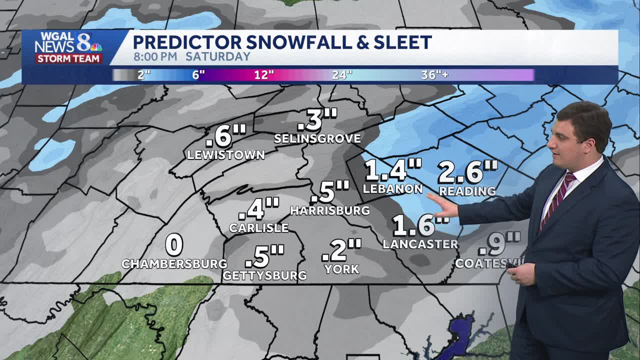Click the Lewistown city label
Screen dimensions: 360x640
click(225, 155)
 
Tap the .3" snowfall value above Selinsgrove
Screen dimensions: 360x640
click(316, 120)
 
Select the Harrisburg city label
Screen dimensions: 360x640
click(330, 210)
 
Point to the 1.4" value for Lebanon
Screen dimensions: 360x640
click(393, 170)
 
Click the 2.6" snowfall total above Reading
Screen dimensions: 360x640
click(467, 172)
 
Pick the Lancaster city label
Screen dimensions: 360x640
click(420, 244)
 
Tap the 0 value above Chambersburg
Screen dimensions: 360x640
click(174, 245)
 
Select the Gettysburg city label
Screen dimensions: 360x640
click(264, 275)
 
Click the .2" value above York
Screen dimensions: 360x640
click(341, 250)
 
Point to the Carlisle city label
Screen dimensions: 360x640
click(258, 228)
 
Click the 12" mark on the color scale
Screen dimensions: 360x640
click(263, 75)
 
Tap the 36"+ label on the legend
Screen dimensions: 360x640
click(434, 75)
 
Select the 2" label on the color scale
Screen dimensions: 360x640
click(144, 75)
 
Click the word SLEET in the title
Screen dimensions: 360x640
click(402, 42)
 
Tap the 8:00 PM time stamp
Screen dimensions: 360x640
click(155, 56)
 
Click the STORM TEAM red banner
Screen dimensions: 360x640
click(69, 58)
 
